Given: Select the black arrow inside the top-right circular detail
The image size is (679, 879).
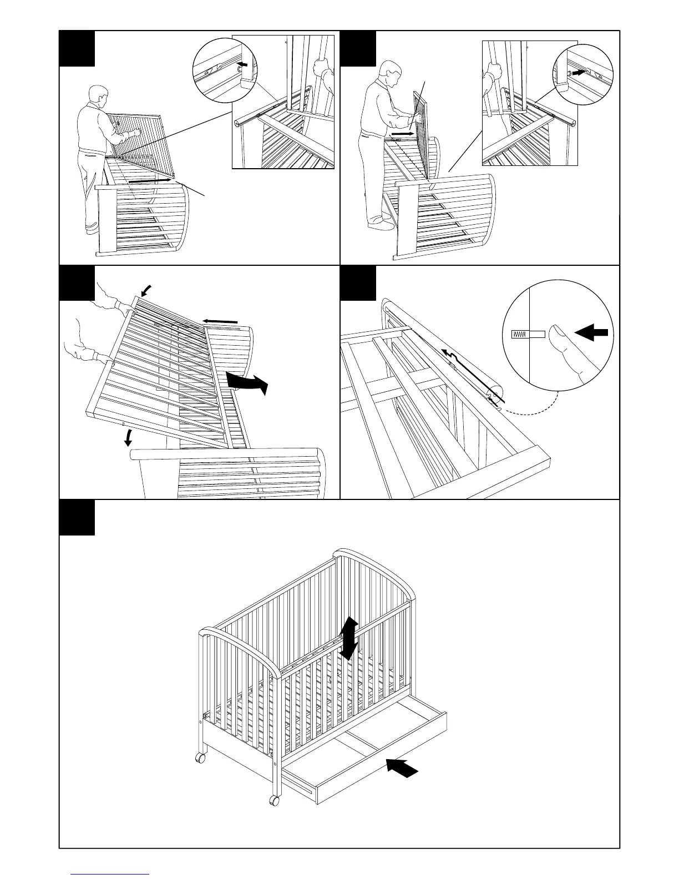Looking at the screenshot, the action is tap(579, 72).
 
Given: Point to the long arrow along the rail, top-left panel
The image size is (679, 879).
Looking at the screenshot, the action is tap(150, 180).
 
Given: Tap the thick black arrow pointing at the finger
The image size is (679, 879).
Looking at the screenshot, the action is tap(592, 333).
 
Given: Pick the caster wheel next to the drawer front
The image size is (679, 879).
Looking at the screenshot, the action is tap(273, 800).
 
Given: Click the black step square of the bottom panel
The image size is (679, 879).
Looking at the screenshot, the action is tap(77, 517).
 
